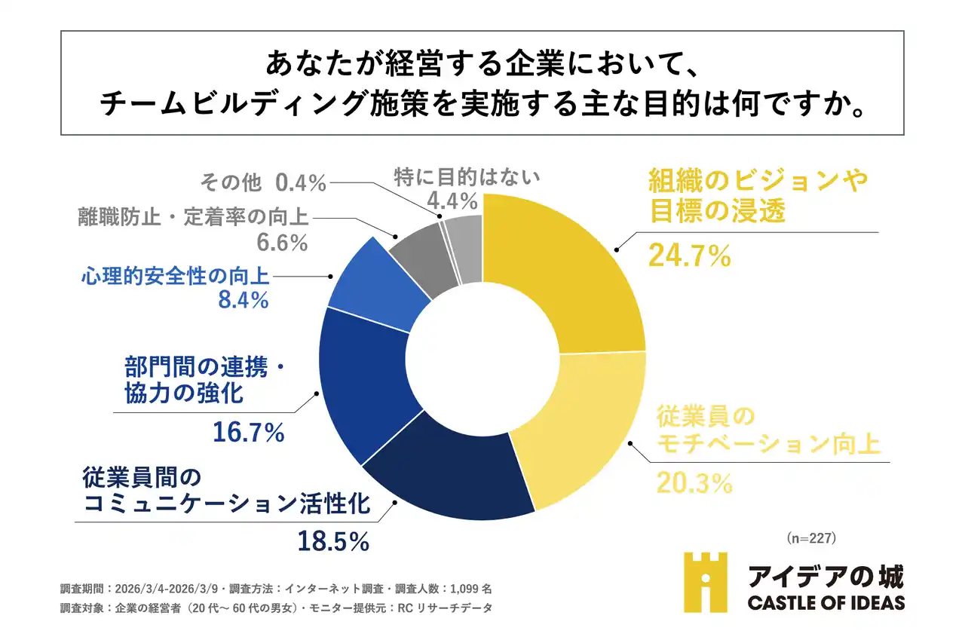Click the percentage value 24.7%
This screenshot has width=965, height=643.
(x=689, y=256)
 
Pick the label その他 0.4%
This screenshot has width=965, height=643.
(x=262, y=182)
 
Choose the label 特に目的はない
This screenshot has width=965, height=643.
(x=467, y=177)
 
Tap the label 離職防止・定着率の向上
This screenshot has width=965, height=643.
(x=193, y=217)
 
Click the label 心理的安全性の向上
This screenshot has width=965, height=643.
(x=175, y=277)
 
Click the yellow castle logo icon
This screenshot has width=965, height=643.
(x=706, y=582)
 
